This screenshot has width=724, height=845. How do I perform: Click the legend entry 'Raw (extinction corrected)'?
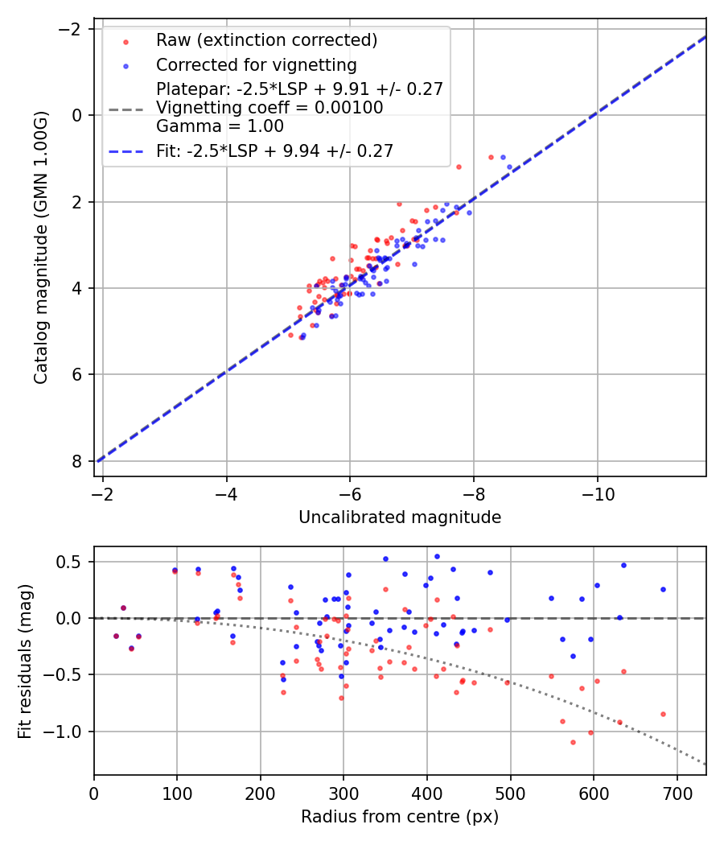coord(266,40)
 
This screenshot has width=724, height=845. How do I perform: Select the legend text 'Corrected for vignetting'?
coord(256,64)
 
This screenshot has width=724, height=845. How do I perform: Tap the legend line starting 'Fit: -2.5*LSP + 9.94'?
coord(274,150)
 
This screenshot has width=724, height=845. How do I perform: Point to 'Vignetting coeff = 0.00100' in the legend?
coord(269,108)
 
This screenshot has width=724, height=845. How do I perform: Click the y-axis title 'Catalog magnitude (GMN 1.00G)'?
coord(41,247)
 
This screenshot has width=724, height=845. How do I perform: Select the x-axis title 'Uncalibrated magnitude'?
coord(400,517)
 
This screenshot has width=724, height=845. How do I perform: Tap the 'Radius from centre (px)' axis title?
coord(400,817)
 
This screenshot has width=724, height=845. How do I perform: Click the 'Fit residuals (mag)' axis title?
coord(25,660)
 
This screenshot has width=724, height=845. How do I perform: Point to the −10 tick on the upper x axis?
coord(596,491)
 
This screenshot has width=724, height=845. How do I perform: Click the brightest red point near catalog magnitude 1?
coord(491,157)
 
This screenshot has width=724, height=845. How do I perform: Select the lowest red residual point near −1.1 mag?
coord(573,742)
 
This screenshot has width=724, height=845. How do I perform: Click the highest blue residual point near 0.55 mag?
coord(437,556)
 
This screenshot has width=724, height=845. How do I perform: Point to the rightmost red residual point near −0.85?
coord(663,714)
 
